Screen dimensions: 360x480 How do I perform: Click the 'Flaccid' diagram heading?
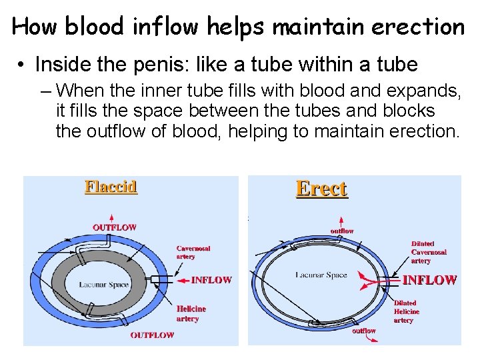[x=111, y=186]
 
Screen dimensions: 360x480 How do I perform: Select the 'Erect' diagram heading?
[x=321, y=189]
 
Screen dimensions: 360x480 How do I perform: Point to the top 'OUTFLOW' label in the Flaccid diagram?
[x=115, y=227]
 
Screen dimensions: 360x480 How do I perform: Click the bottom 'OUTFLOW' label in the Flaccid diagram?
[x=152, y=335]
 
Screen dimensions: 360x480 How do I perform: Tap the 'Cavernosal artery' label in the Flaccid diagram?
[x=193, y=252]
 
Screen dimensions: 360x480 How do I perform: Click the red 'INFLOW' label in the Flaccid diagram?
[x=211, y=280]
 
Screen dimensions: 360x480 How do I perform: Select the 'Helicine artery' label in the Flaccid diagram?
[x=191, y=313]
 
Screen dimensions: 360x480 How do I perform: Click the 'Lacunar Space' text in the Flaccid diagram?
[x=104, y=285]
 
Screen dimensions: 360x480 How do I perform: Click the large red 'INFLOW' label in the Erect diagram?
[x=429, y=280]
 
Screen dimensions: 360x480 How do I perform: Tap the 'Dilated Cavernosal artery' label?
[x=429, y=252]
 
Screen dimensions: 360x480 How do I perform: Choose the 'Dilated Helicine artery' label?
[x=406, y=311]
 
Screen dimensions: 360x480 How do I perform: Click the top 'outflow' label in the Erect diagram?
[x=343, y=231]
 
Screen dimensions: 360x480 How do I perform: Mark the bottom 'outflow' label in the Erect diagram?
[x=364, y=331]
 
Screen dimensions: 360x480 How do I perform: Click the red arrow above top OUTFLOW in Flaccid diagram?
[x=111, y=217]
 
